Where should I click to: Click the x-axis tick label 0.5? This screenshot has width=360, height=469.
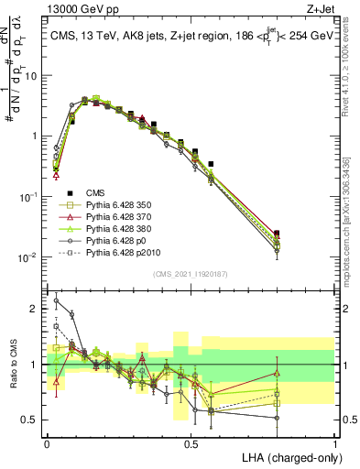(x=191, y=442)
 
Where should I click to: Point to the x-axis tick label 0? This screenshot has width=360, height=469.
(x=47, y=442)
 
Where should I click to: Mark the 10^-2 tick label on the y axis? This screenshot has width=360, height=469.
(x=27, y=256)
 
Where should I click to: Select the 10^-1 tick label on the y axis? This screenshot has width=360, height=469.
(x=27, y=196)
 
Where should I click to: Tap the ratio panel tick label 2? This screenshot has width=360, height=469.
(x=35, y=309)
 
